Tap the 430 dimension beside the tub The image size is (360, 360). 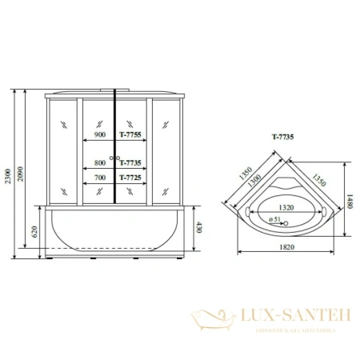198,227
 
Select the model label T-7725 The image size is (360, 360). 130,178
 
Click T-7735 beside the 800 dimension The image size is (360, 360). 130,161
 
